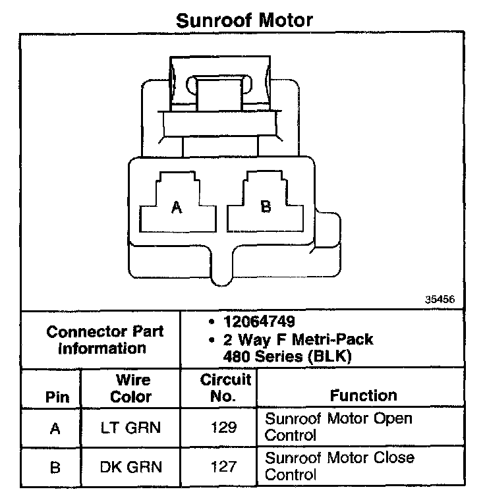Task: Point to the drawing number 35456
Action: click(x=440, y=298)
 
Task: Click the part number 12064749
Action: click(x=258, y=322)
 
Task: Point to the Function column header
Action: click(x=363, y=395)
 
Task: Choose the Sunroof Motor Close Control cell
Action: click(x=339, y=466)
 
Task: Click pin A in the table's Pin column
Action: click(x=55, y=428)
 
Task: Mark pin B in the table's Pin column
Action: click(x=55, y=468)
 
